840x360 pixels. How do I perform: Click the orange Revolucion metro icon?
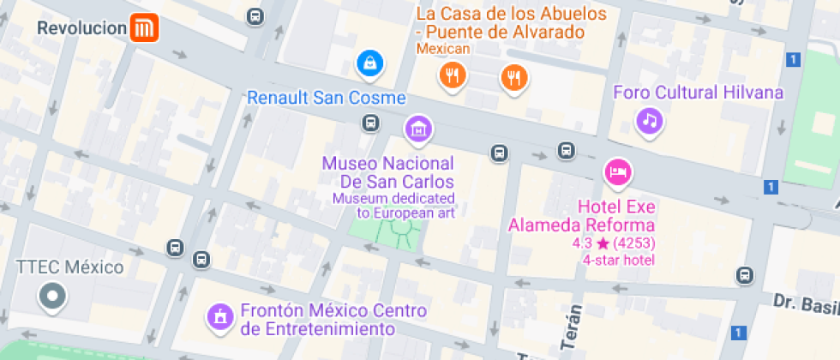[x=144, y=28]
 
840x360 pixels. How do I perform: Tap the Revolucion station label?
[x=82, y=28]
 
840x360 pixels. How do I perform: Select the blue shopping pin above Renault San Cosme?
[x=369, y=62]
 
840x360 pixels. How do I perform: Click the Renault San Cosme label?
[x=327, y=98]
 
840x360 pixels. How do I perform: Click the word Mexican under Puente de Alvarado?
[x=443, y=49]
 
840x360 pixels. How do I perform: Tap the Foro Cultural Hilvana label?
[x=699, y=93]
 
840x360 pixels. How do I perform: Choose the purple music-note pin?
[x=650, y=120]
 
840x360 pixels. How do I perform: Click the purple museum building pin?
[x=418, y=129]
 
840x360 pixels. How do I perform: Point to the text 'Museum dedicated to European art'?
[x=394, y=206]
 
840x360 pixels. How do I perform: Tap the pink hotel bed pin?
[x=617, y=172]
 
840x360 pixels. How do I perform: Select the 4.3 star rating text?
[x=617, y=243]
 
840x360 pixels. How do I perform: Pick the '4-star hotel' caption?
[x=618, y=260]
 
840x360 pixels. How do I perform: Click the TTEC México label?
[x=70, y=267]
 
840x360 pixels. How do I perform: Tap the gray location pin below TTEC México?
[x=52, y=297]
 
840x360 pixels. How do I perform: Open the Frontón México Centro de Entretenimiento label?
[x=318, y=320]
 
